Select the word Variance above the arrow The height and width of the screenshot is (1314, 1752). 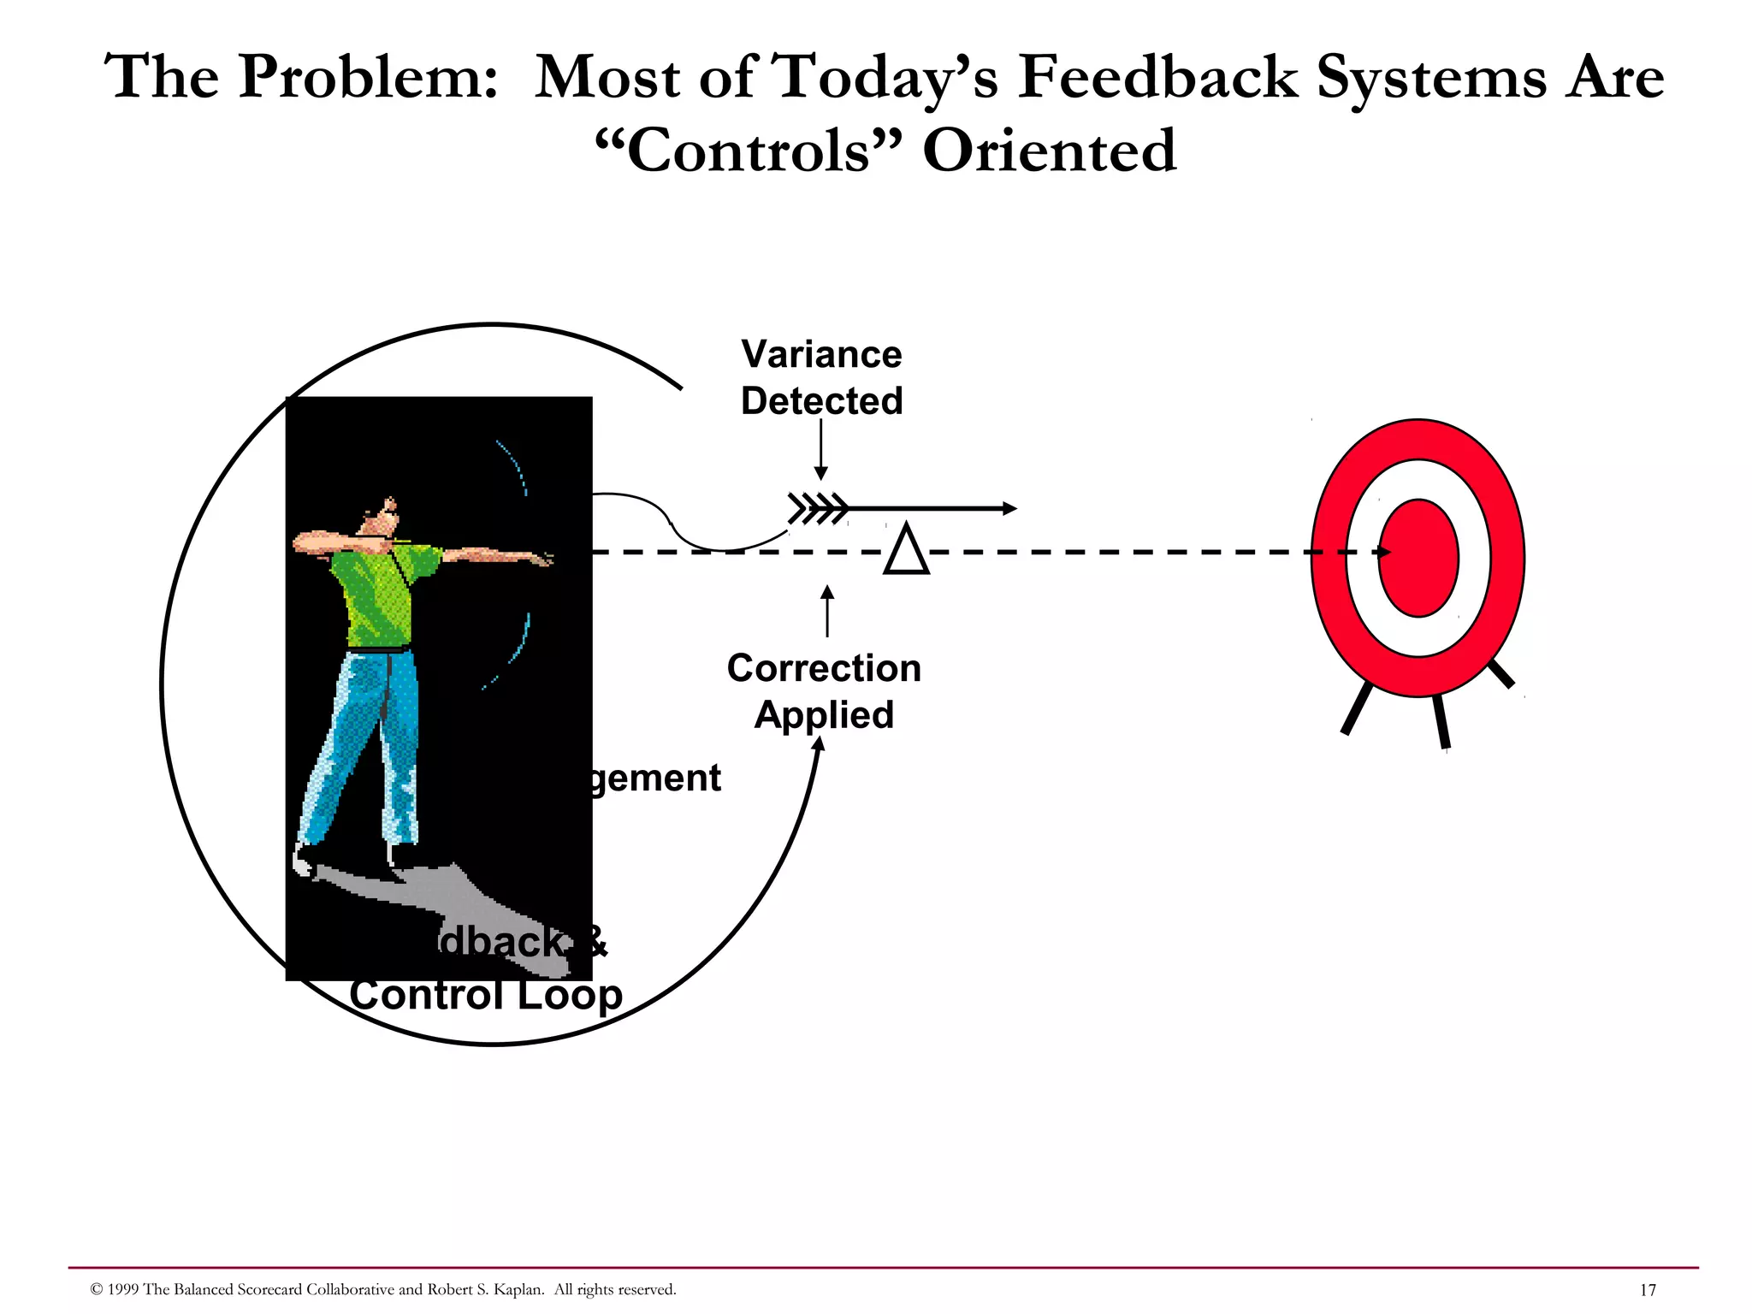821,354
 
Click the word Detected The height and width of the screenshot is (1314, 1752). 821,401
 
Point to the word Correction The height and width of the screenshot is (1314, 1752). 824,668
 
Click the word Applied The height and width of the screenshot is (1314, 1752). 824,715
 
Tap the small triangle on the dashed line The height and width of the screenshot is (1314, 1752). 906,552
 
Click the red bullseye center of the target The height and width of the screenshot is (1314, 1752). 1418,558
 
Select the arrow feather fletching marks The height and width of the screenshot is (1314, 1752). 818,508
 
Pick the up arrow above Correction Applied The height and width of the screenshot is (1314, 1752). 827,611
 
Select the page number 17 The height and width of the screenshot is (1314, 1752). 1648,1290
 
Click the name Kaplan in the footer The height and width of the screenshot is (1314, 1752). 518,1289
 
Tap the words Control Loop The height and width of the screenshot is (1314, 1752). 485,995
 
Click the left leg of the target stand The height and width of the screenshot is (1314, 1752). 1357,707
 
